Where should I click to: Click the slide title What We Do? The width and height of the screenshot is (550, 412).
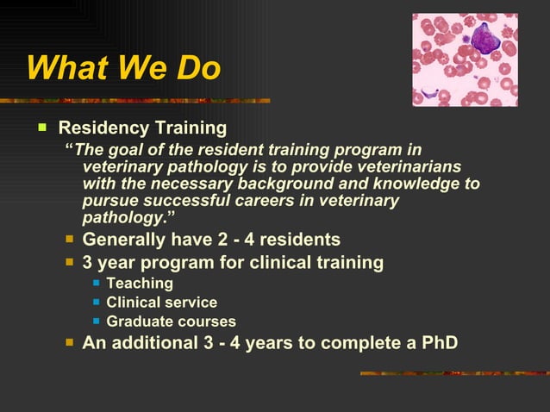123,69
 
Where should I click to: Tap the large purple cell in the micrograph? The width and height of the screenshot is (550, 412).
486,39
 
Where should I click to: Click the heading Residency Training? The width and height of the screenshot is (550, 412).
142,128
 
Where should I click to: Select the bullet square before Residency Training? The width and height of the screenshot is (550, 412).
41,128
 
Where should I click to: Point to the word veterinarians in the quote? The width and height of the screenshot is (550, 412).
412,166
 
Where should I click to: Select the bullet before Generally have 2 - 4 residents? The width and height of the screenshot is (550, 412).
70,239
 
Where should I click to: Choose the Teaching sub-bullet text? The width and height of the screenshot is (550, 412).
140,283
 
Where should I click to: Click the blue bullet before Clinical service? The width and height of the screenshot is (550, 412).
97,303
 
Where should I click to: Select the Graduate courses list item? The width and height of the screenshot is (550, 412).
171,321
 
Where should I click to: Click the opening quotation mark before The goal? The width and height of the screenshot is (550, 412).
70,149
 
